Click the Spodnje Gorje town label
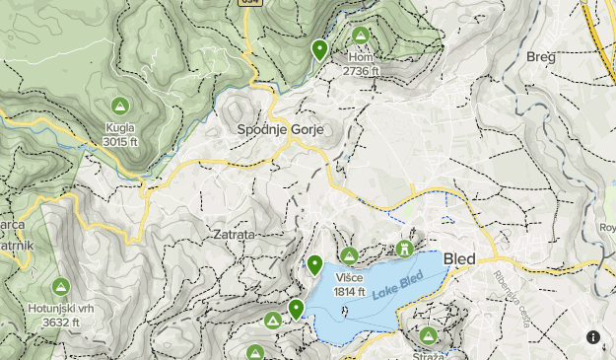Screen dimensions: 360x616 [280, 129]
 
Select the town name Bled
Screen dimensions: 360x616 [459, 259]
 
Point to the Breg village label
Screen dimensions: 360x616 [541, 56]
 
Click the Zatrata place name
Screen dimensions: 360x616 [234, 235]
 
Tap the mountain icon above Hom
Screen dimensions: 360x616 [361, 36]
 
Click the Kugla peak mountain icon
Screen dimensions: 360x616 [119, 106]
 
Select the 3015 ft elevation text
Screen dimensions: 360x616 [119, 141]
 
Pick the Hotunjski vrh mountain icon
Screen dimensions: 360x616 [59, 287]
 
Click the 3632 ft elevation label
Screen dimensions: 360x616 [60, 322]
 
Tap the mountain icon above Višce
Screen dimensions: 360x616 [348, 255]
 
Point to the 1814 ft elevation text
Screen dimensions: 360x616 [349, 291]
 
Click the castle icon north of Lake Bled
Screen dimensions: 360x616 [403, 249]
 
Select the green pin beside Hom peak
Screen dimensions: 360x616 [319, 49]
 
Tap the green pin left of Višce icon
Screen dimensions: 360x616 [315, 263]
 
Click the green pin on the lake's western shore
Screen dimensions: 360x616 [296, 310]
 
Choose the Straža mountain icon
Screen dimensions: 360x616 [428, 335]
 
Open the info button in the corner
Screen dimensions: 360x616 [593, 337]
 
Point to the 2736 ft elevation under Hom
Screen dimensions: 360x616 [361, 71]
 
